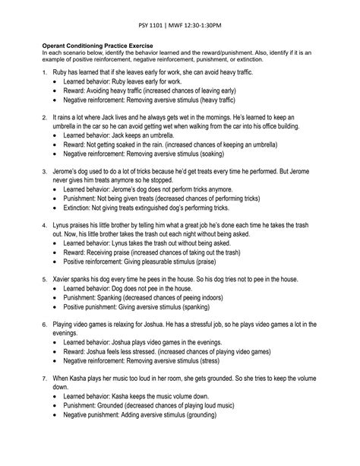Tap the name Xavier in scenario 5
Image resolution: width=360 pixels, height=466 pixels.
tap(64, 280)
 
